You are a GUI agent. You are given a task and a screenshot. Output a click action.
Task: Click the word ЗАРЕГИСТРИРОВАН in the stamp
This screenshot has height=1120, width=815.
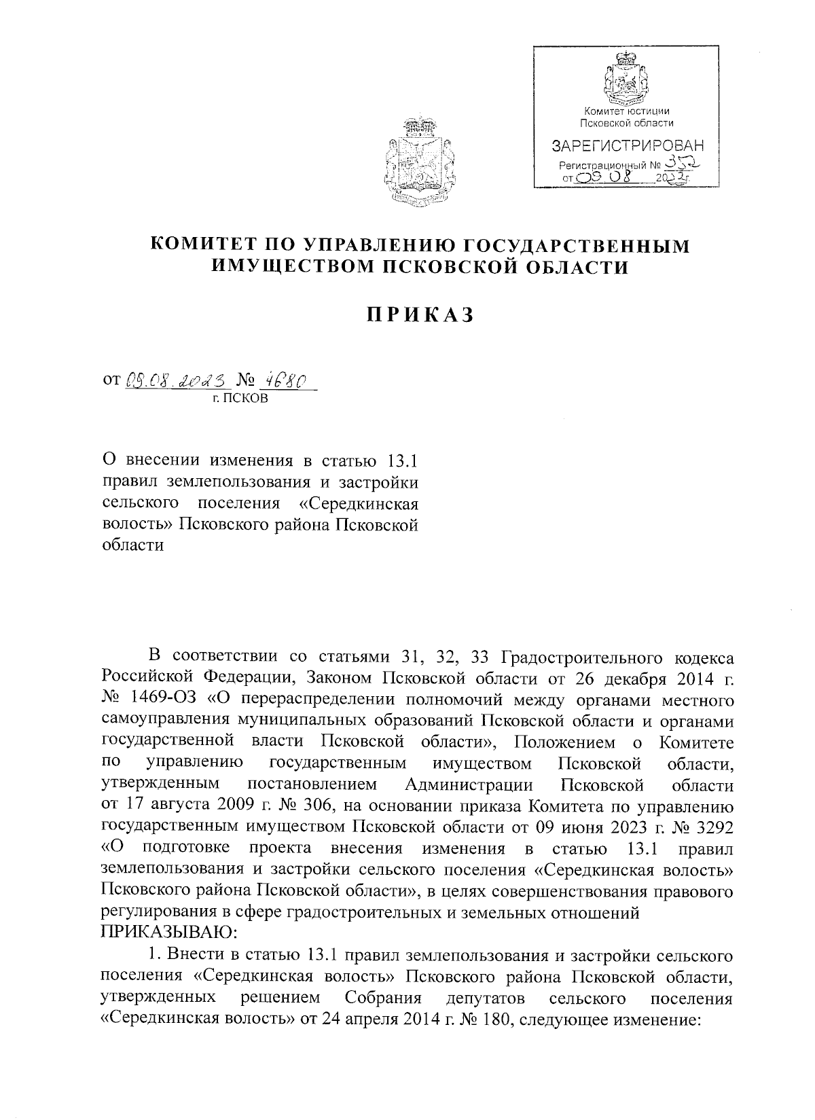(627, 145)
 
